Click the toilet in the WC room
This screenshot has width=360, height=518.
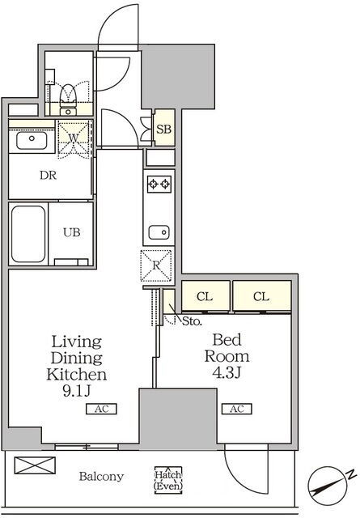coord(69,99)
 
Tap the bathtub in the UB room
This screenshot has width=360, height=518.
coord(28,234)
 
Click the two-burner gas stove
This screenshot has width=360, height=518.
coord(159,184)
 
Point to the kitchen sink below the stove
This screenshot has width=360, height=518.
coord(159,232)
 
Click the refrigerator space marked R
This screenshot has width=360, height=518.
coord(156,265)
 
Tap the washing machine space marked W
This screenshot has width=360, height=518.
coord(74,138)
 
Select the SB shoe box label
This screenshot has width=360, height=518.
coord(163,129)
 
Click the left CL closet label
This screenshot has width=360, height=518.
coord(205,297)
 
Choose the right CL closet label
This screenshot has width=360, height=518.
coord(261,297)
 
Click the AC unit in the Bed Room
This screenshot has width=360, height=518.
coord(237,409)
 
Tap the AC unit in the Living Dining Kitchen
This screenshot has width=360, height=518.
coord(101,409)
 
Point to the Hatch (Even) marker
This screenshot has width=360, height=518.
coord(168,480)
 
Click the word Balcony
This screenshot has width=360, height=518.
coord(101,477)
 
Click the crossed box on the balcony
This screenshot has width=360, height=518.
coord(35,465)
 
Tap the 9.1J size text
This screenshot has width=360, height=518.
coord(77,391)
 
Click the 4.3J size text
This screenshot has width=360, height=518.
coord(227,372)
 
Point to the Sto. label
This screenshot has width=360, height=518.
coord(192,321)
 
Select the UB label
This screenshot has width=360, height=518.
coord(72,232)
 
